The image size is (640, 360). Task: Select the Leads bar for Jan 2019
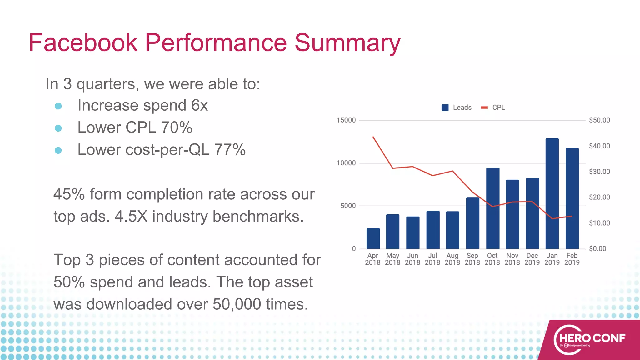(552, 194)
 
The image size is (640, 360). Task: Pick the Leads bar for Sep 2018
(472, 223)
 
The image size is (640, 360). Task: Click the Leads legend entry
(457, 107)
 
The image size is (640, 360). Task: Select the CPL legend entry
(493, 107)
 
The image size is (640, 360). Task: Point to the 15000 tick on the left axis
(346, 120)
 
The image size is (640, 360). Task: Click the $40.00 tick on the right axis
(599, 146)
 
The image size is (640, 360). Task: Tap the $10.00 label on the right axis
(599, 223)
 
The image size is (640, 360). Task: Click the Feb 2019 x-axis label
(572, 259)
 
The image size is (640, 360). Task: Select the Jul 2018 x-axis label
(432, 259)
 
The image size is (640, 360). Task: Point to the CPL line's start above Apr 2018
(373, 137)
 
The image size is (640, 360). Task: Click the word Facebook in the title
(83, 43)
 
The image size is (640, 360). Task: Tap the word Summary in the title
(347, 43)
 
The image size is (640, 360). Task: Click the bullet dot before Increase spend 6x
(58, 106)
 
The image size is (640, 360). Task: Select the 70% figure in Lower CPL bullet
(177, 127)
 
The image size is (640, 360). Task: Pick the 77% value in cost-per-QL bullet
(230, 150)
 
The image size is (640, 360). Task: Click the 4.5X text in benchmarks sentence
(131, 217)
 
